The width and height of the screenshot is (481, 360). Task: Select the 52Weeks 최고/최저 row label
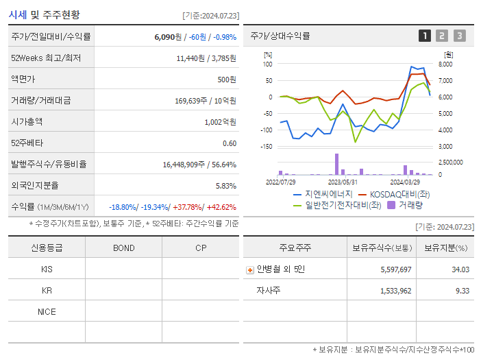[46, 58]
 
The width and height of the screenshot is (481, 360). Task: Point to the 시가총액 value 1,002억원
[220, 122]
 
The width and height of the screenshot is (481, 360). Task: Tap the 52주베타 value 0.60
[230, 143]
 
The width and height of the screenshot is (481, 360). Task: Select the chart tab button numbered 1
[425, 36]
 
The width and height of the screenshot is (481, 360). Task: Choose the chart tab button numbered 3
[459, 36]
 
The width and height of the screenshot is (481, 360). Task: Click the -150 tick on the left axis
[266, 146]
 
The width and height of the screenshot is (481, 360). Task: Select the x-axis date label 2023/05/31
[343, 182]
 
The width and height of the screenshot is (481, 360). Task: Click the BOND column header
[123, 248]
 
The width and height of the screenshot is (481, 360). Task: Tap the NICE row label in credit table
[47, 311]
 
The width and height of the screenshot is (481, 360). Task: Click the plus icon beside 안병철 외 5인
[249, 269]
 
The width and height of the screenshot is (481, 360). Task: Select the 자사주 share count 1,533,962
[395, 291]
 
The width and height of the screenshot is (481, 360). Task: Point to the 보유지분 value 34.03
[460, 269]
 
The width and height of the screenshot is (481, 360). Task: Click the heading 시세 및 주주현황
[44, 14]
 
